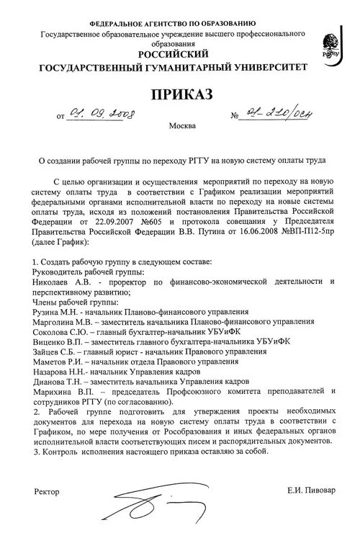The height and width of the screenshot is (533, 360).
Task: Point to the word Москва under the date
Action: click(181, 127)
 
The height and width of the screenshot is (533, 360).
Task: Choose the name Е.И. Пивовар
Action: click(307, 490)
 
